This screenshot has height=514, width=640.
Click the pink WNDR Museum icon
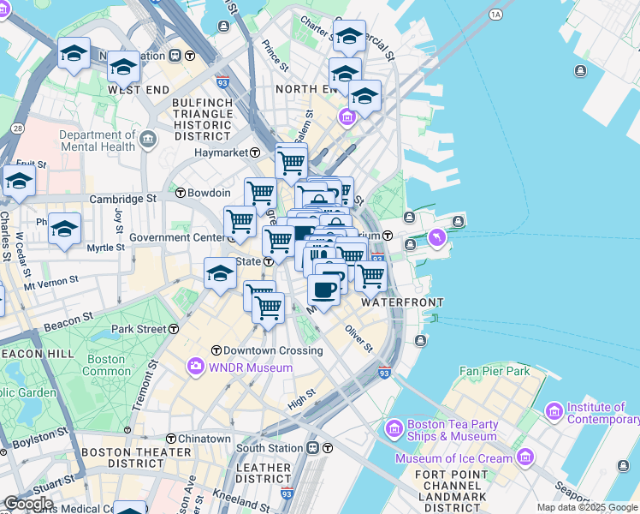[x=196, y=368]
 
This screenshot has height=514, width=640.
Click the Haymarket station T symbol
[x=256, y=152]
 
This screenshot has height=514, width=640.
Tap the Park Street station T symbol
[x=174, y=329]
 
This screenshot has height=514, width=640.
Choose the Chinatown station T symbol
[x=171, y=439]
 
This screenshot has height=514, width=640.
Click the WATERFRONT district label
[x=402, y=302]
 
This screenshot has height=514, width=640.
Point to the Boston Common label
[x=107, y=366]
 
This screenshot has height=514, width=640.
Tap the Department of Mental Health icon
[x=148, y=139]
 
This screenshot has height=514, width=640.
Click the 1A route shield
[x=495, y=15]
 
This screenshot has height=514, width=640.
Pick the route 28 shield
[x=17, y=128]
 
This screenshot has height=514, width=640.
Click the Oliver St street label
[x=359, y=338]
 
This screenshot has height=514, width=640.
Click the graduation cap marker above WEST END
[x=124, y=66]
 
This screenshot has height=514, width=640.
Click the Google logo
[x=28, y=504]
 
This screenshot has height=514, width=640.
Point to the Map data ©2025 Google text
[x=587, y=507]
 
